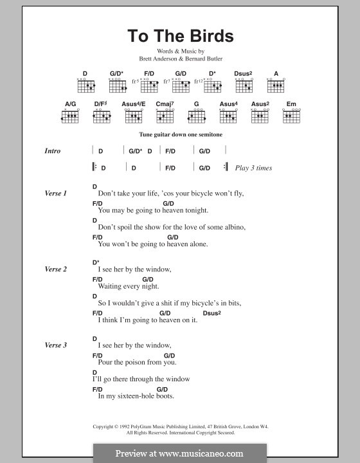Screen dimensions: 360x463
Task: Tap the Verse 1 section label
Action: [55, 193]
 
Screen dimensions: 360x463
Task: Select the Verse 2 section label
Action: [55, 269]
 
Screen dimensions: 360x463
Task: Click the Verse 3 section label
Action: [55, 345]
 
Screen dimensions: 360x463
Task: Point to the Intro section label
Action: [53, 151]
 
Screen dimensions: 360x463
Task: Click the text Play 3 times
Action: [253, 168]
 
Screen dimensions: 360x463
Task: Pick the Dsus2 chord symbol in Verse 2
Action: [212, 313]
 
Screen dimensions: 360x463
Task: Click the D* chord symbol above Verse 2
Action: [96, 262]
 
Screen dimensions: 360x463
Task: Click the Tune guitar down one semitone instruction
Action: [179, 135]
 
